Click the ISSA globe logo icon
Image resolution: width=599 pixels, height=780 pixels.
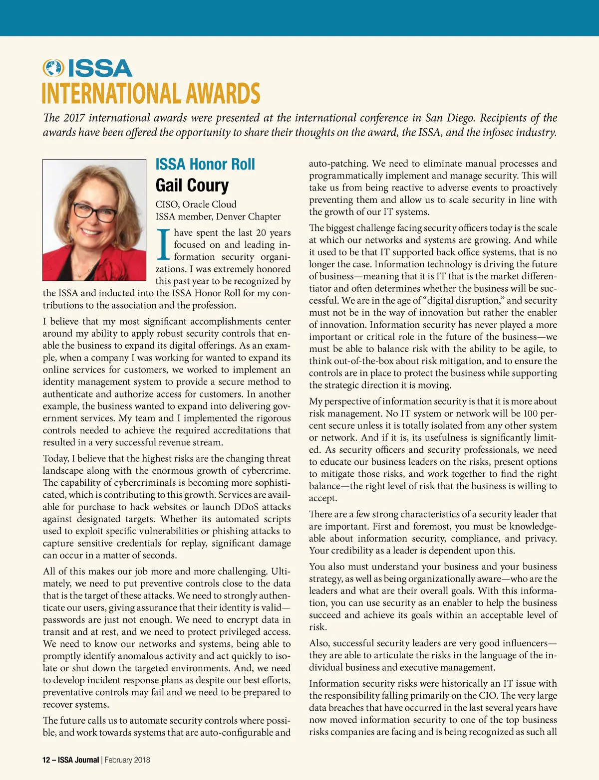click(x=53, y=68)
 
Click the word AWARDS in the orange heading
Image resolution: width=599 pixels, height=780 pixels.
click(x=223, y=94)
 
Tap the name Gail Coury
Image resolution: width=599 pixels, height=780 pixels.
click(x=192, y=185)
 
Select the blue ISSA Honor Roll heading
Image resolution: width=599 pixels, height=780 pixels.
click(x=205, y=164)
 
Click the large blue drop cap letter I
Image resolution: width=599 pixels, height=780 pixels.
click(x=163, y=245)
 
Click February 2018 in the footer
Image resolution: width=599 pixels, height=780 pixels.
click(x=127, y=760)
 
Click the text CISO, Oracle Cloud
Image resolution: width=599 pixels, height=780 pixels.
click(x=196, y=204)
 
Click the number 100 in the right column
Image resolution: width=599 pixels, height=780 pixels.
click(x=531, y=413)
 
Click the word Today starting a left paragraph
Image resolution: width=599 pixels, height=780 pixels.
click(x=55, y=458)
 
